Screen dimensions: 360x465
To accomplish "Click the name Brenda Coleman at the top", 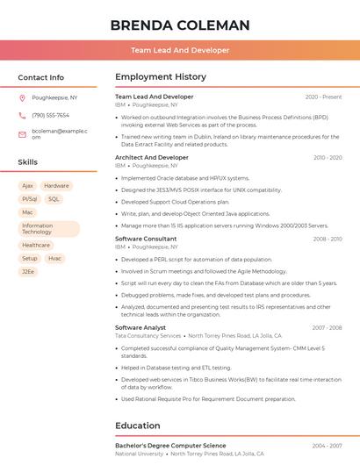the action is (179, 25).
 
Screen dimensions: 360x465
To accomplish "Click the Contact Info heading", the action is (41, 77).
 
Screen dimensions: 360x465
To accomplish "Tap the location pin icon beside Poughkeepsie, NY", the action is (22, 97).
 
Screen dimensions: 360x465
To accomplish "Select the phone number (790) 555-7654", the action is (50, 115).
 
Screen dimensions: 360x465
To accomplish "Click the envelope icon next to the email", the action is (22, 134).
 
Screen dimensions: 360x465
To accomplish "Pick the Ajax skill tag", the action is (27, 186).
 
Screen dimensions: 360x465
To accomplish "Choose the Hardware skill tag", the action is (56, 186).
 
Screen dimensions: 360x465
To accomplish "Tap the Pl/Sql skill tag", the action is (29, 199).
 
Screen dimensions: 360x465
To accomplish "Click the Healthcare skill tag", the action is (36, 246).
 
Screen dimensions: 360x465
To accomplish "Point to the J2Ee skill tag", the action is (28, 272).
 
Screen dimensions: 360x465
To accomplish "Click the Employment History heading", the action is (160, 77).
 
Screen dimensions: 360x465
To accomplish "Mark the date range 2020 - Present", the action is (323, 97).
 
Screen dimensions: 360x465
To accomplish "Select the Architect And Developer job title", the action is (151, 158).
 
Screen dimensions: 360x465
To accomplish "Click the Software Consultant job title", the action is (146, 239).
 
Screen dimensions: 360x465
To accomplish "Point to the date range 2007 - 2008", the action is (327, 327).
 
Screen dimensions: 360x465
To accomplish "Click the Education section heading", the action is (137, 426).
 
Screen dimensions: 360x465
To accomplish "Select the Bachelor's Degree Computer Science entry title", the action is (170, 446).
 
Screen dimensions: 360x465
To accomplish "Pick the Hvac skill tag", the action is (55, 259).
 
